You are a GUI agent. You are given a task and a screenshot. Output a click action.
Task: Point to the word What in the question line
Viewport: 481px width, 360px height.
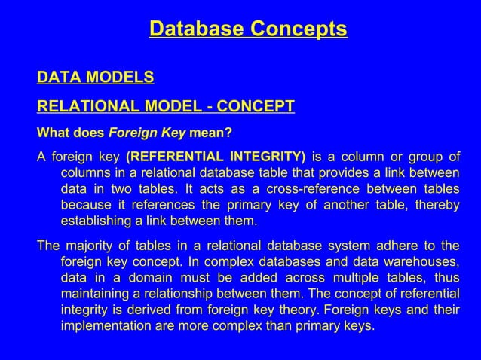(53, 134)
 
